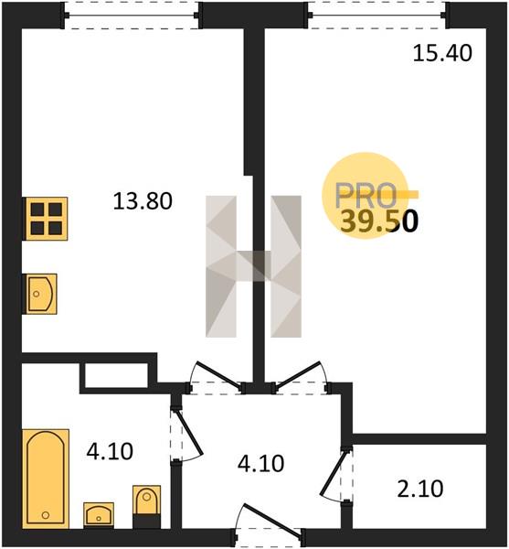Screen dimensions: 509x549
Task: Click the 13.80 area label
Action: click(x=143, y=201)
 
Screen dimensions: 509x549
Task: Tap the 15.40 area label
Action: click(x=442, y=54)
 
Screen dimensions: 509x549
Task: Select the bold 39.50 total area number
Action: click(x=379, y=221)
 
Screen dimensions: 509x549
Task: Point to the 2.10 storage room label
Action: click(x=420, y=489)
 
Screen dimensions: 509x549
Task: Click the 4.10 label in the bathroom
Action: click(x=110, y=451)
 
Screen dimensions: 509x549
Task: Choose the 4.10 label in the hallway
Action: click(x=260, y=464)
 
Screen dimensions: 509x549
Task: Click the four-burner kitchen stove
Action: click(x=46, y=219)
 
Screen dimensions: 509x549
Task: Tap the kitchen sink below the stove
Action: click(x=40, y=294)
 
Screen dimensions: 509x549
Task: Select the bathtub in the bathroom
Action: click(x=46, y=478)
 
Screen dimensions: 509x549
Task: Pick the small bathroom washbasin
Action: click(x=99, y=514)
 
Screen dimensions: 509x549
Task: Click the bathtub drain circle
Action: click(x=46, y=515)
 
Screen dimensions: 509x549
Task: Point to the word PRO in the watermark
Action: click(x=366, y=196)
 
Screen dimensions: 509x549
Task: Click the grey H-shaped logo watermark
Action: click(x=253, y=266)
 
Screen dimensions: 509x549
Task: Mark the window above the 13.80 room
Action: click(x=133, y=16)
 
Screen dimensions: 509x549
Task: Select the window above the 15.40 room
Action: click(x=377, y=16)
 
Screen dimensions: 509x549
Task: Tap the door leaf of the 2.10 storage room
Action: click(x=334, y=473)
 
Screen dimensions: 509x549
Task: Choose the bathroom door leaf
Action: click(x=190, y=432)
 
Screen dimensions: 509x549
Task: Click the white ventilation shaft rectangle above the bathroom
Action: click(x=116, y=375)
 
